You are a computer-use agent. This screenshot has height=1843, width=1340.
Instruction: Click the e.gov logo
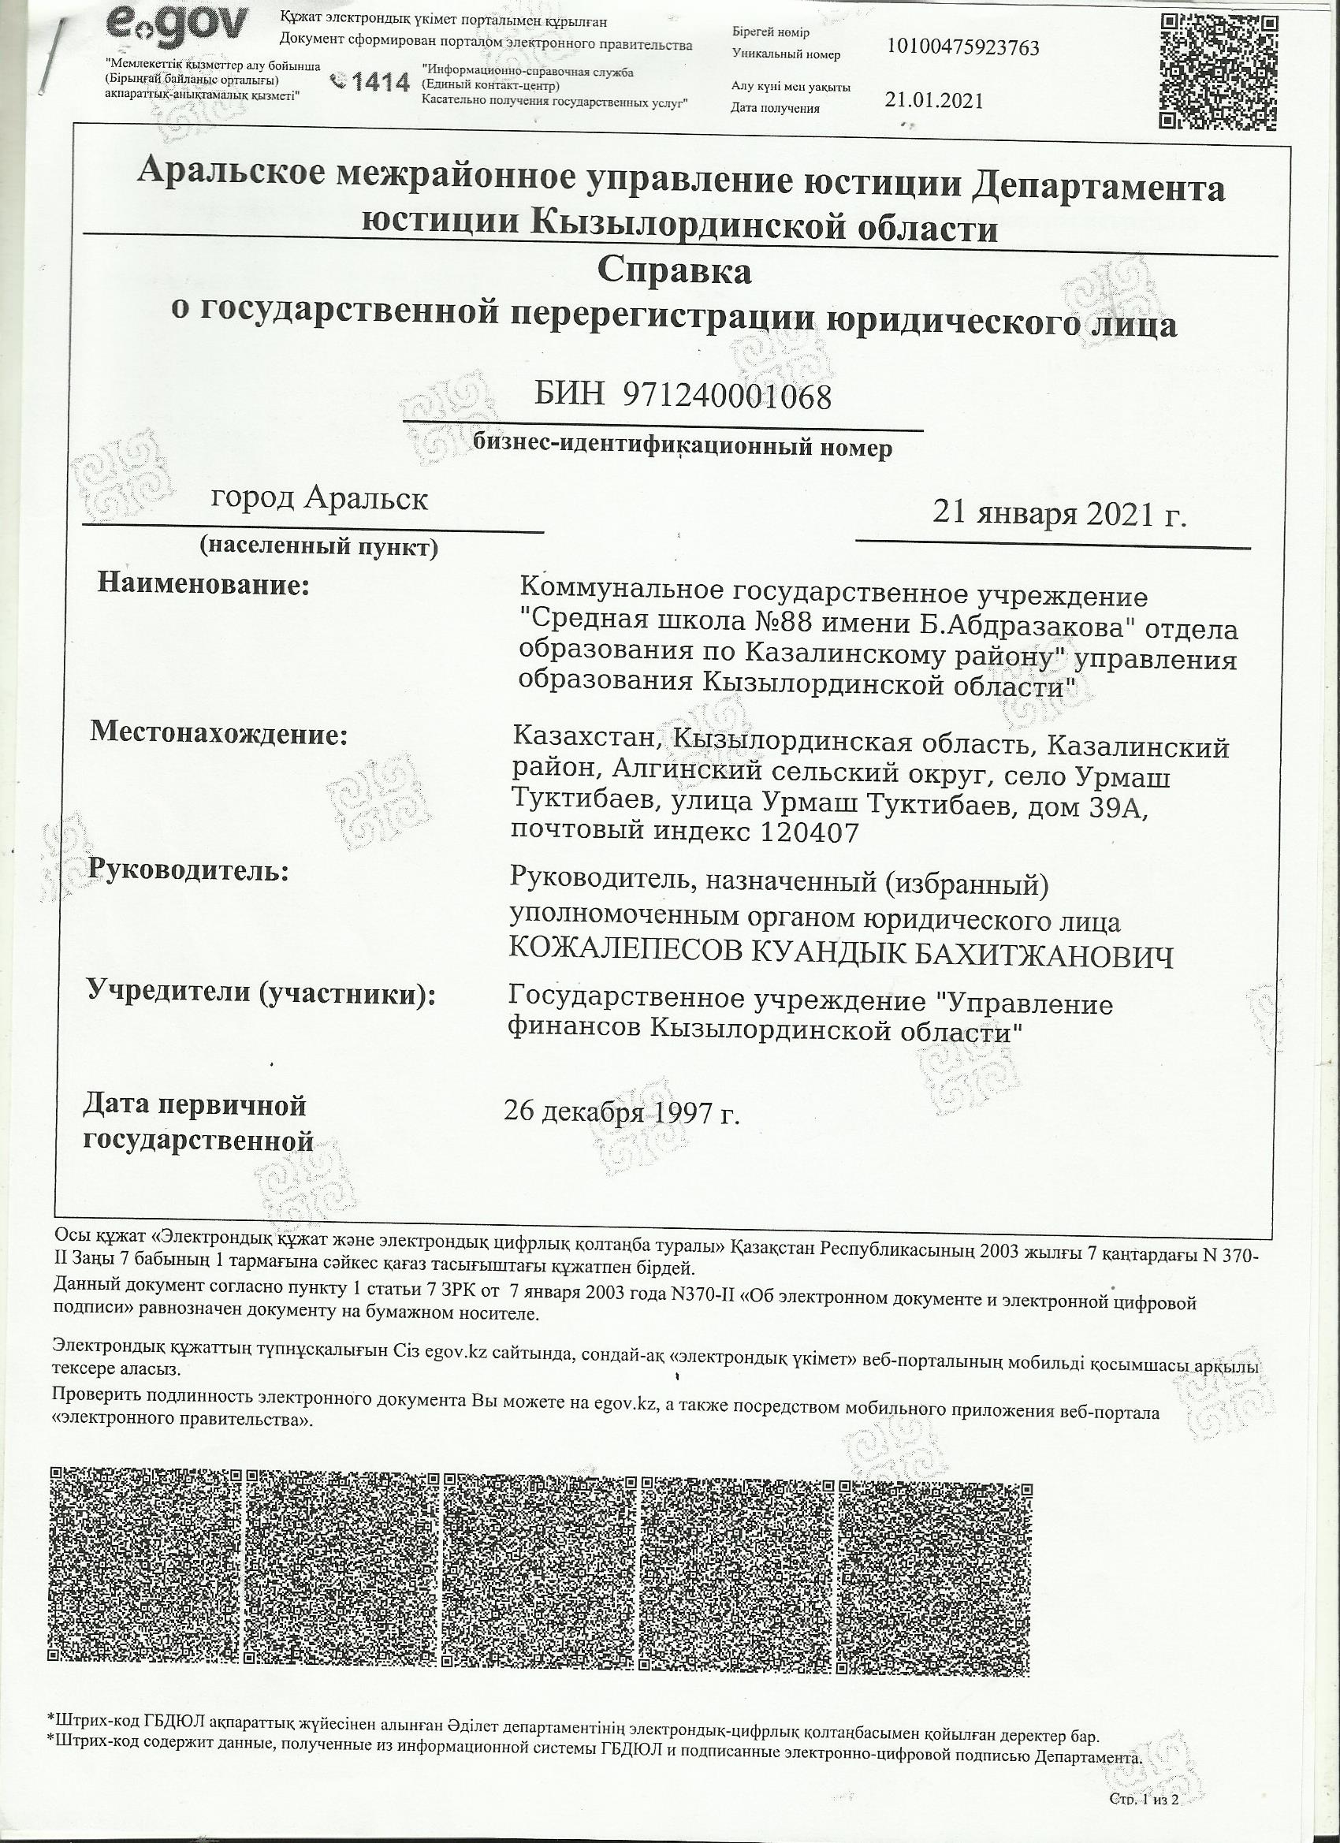[x=176, y=27]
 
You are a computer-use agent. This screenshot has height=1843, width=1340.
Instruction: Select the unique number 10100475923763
[x=963, y=48]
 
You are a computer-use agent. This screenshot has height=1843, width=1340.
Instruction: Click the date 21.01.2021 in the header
[x=934, y=101]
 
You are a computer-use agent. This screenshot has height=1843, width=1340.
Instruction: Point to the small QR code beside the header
[x=1216, y=72]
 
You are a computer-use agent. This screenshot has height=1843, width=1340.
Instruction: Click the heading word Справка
[x=674, y=270]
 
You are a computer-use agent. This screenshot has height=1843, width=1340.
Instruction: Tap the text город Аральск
[x=319, y=497]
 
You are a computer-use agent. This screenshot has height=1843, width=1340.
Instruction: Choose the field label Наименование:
[x=204, y=584]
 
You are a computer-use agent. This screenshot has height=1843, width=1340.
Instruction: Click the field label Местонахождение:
[x=218, y=733]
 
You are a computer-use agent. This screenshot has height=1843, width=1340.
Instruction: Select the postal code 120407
[x=809, y=832]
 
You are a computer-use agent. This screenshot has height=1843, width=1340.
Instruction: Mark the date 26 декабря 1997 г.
[x=622, y=1111]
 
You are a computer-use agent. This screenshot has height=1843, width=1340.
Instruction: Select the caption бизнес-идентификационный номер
[x=682, y=447]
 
